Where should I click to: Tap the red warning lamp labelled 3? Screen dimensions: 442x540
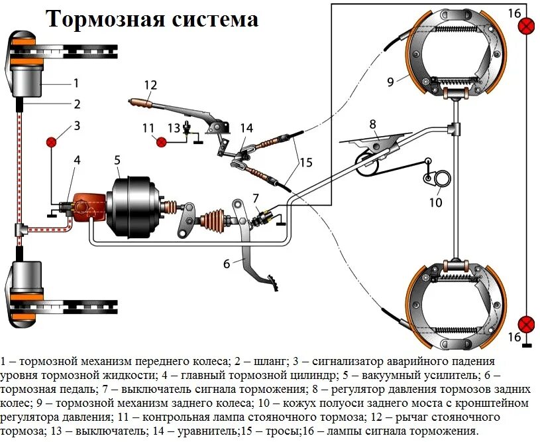53,141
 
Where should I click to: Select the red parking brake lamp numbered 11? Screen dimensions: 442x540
161,141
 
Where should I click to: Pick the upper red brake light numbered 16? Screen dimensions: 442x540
527,27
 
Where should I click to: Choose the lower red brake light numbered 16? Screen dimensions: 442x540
527,324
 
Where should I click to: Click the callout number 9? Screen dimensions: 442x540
391,82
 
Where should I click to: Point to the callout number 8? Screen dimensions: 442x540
372,123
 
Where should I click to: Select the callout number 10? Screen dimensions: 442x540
435,202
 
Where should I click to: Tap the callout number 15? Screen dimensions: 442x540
305,161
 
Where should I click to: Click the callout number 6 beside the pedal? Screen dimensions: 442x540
227,263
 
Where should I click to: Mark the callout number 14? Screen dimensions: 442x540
246,128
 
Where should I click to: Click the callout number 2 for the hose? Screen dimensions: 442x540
77,104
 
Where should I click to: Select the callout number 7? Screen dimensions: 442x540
256,198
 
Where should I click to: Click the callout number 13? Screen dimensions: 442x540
174,128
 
